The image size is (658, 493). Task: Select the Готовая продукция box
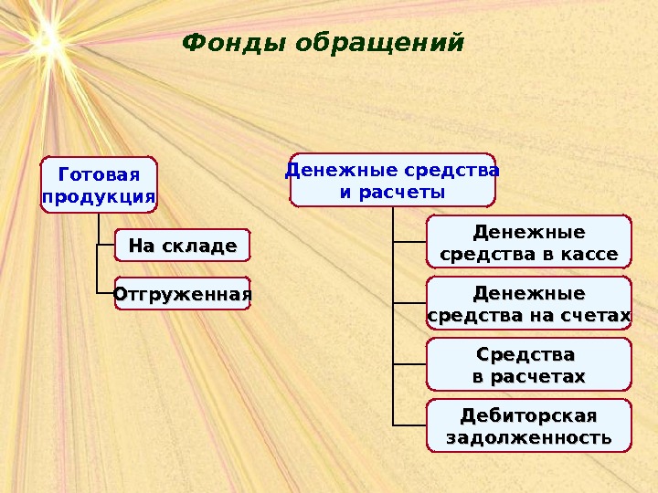[99, 185]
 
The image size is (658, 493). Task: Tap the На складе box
[182, 246]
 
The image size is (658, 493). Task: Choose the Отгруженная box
[182, 294]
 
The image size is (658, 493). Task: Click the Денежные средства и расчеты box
[392, 180]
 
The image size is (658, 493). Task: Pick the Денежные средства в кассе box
[529, 241]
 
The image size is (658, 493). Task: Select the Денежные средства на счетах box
[529, 304]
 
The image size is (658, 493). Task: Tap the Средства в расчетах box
[529, 364]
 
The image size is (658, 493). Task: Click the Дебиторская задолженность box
[529, 425]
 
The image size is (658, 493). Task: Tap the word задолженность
[529, 438]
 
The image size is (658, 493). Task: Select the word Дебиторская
[529, 415]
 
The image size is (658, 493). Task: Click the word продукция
[99, 196]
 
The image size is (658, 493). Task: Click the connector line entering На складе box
[105, 246]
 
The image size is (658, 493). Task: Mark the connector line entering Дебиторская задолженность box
[409, 425]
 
